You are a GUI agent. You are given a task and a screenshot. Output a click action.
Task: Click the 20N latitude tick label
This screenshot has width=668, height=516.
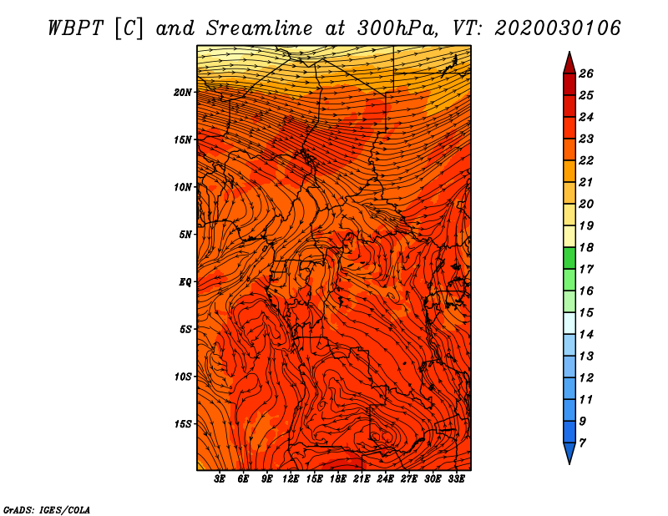[x=182, y=93]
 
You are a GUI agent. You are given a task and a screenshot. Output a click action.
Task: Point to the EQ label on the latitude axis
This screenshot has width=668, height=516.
[x=185, y=282]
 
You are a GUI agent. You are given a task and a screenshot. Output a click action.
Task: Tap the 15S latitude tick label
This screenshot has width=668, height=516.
[x=183, y=424]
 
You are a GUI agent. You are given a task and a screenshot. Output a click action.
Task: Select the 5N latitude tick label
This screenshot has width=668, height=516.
[x=185, y=235]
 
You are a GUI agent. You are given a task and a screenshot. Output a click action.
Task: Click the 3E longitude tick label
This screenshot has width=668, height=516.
[x=220, y=479]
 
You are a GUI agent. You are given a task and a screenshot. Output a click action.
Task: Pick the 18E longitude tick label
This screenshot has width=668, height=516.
[x=338, y=479]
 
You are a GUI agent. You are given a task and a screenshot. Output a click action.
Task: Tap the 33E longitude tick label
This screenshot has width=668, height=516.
[x=456, y=479]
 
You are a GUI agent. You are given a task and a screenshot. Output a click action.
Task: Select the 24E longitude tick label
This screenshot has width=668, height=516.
[x=385, y=479]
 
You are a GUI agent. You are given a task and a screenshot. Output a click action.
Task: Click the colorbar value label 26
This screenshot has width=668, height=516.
[x=586, y=73]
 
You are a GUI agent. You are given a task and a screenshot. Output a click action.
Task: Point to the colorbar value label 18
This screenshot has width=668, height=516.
[x=586, y=247]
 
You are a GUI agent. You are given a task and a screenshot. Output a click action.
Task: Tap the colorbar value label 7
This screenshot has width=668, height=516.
[x=582, y=443]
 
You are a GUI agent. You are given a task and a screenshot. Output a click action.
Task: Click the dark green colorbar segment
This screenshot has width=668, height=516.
[x=569, y=258]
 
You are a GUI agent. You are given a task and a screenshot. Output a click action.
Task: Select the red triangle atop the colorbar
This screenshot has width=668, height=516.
[x=569, y=64]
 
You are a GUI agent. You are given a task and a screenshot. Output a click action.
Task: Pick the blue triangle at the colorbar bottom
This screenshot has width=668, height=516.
[x=569, y=453]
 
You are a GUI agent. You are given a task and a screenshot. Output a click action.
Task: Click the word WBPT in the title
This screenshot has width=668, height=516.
[x=76, y=28]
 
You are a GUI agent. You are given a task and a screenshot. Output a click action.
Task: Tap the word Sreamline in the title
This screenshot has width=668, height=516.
[x=260, y=28]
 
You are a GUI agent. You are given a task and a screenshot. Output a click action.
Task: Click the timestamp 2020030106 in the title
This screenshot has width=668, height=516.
[x=557, y=28]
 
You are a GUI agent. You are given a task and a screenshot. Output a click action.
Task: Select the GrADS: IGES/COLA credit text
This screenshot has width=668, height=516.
[x=47, y=509]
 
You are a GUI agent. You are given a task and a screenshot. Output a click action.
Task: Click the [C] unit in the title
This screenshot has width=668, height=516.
[x=129, y=29]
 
